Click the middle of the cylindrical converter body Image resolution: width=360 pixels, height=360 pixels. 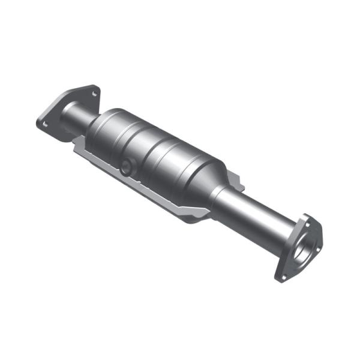point(156,153)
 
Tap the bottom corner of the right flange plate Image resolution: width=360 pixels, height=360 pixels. point(278,281)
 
